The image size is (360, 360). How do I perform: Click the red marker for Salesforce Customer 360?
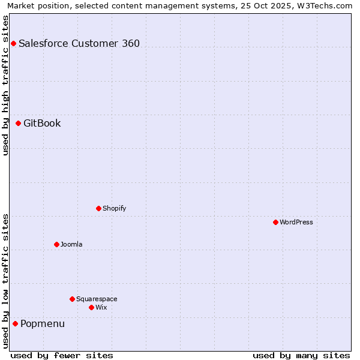click(x=13, y=43)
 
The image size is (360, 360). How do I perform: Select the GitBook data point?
click(x=18, y=123)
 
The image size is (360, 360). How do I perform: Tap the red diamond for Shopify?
click(x=98, y=208)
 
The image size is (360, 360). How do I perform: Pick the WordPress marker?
click(x=275, y=222)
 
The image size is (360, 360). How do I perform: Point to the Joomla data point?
click(x=56, y=244)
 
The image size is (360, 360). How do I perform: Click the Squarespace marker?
click(x=72, y=299)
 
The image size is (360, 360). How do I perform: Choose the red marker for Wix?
click(x=91, y=307)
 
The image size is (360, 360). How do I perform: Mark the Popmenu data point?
click(x=15, y=323)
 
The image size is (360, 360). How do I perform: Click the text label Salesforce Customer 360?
click(x=79, y=43)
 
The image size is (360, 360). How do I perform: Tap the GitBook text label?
click(x=42, y=123)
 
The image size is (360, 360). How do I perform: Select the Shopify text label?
click(x=114, y=208)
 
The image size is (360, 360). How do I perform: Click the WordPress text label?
click(x=296, y=222)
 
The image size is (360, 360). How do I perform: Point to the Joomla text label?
click(x=71, y=244)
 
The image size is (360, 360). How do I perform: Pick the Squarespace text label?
click(x=97, y=299)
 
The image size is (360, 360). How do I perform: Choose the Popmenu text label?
click(x=43, y=323)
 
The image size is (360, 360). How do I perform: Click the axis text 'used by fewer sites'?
click(x=62, y=355)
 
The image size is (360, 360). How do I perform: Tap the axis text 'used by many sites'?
click(x=301, y=355)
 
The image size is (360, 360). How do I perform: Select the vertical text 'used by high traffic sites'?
click(x=5, y=85)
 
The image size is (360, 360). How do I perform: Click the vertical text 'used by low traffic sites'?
click(x=5, y=280)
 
